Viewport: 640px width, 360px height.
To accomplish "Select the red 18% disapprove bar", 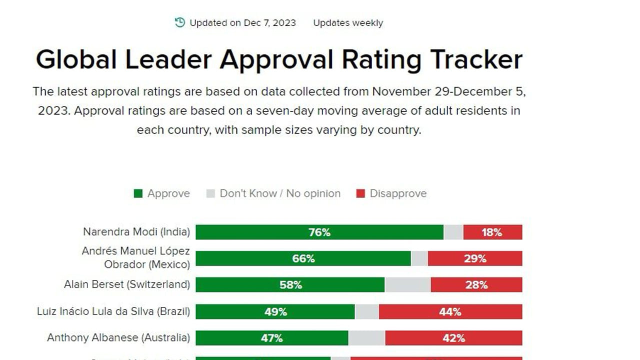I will point(492,232).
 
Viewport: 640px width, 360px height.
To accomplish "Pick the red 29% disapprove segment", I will point(475,258).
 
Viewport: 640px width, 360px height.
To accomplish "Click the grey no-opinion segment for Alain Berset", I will point(407,285).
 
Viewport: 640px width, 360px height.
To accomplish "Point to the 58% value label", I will point(290,285).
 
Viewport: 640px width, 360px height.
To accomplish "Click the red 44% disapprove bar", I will point(450,312).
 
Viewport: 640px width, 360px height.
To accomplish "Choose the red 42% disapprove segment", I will point(453,338).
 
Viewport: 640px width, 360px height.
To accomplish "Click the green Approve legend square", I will point(138,193).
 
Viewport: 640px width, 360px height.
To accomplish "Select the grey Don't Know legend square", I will point(210,193).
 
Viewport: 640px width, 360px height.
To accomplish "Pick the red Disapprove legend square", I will point(360,193).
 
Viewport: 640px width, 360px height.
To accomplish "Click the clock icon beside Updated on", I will point(180,22).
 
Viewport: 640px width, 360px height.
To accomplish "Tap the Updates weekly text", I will point(348,23).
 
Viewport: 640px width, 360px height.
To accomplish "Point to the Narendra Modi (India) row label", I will point(136,232).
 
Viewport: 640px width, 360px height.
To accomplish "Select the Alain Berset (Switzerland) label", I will point(127,284).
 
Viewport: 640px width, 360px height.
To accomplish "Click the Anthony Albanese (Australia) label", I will point(118,337).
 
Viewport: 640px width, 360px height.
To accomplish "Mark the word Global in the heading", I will point(76,59).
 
